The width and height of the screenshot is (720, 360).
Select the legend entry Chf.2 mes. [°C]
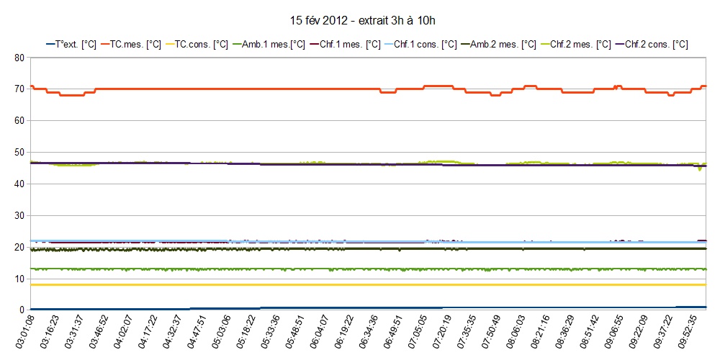[x=577, y=45]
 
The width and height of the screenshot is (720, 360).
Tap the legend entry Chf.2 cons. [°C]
[x=653, y=45]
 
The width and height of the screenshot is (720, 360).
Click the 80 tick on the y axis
[x=19, y=58]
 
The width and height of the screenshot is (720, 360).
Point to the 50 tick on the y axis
[x=19, y=153]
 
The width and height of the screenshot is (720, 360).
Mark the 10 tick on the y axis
[x=19, y=279]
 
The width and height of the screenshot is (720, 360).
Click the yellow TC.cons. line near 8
[x=360, y=285]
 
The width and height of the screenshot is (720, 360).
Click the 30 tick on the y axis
[x=19, y=215]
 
